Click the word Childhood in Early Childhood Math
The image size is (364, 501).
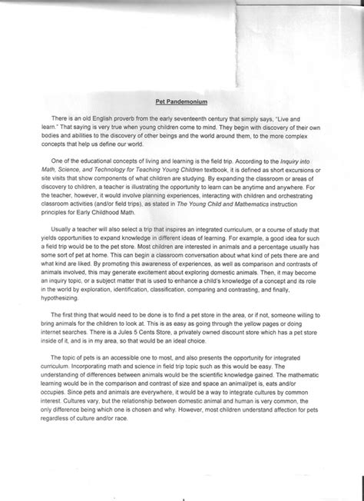[122, 204]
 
